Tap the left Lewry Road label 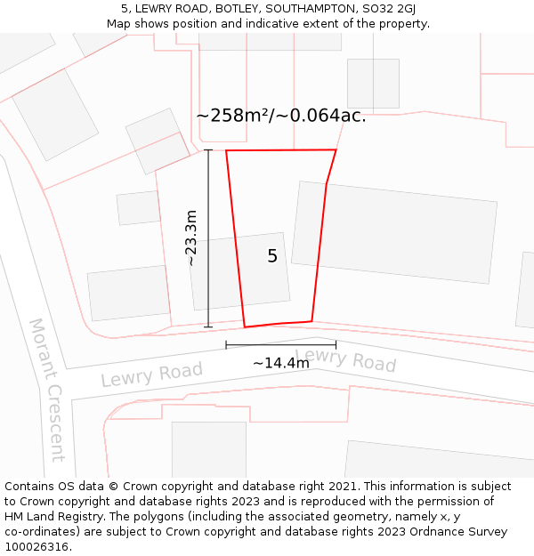(x=151, y=374)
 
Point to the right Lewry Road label (x=345, y=360)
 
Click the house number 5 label (x=272, y=256)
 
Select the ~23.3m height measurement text (x=191, y=238)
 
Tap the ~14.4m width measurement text (x=281, y=363)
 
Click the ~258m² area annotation (x=280, y=116)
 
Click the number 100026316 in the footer (x=35, y=546)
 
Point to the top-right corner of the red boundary (x=336, y=150)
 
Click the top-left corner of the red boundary (x=226, y=151)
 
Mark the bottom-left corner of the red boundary (x=245, y=326)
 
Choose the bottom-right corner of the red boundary (x=311, y=321)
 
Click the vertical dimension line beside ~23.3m (x=208, y=267)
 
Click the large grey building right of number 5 (x=394, y=233)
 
